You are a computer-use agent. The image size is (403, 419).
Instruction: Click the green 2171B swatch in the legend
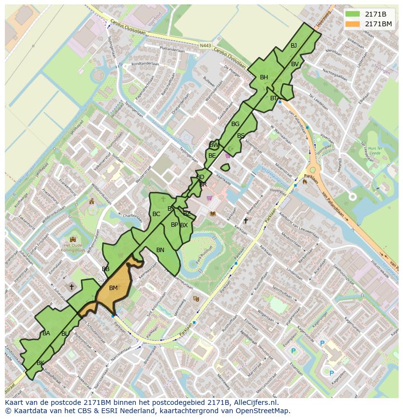coord(353,14)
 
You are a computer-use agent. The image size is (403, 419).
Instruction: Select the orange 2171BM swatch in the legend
coord(353,23)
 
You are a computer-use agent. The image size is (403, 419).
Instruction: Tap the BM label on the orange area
coord(113,288)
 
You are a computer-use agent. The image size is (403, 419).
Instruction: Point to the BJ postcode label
coord(293,46)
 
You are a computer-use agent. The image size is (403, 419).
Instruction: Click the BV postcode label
coord(295,64)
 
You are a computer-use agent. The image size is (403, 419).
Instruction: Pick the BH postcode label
coord(264,77)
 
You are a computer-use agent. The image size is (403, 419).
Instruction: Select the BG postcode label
coord(235,124)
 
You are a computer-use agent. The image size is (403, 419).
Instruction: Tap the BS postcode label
coord(241,136)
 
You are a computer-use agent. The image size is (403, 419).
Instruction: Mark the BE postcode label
coord(212,156)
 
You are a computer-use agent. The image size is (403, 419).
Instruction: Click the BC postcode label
coord(156,214)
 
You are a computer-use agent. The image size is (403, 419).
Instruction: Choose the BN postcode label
coord(160,250)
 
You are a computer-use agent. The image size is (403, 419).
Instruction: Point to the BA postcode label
coord(46,333)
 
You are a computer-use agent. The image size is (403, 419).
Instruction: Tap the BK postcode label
coord(40,363)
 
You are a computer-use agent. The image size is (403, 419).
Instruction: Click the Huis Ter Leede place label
coord(374,150)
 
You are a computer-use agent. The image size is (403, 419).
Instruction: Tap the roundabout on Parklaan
coord(312,170)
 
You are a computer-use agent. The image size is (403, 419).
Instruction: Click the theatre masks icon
coord(196,299)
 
